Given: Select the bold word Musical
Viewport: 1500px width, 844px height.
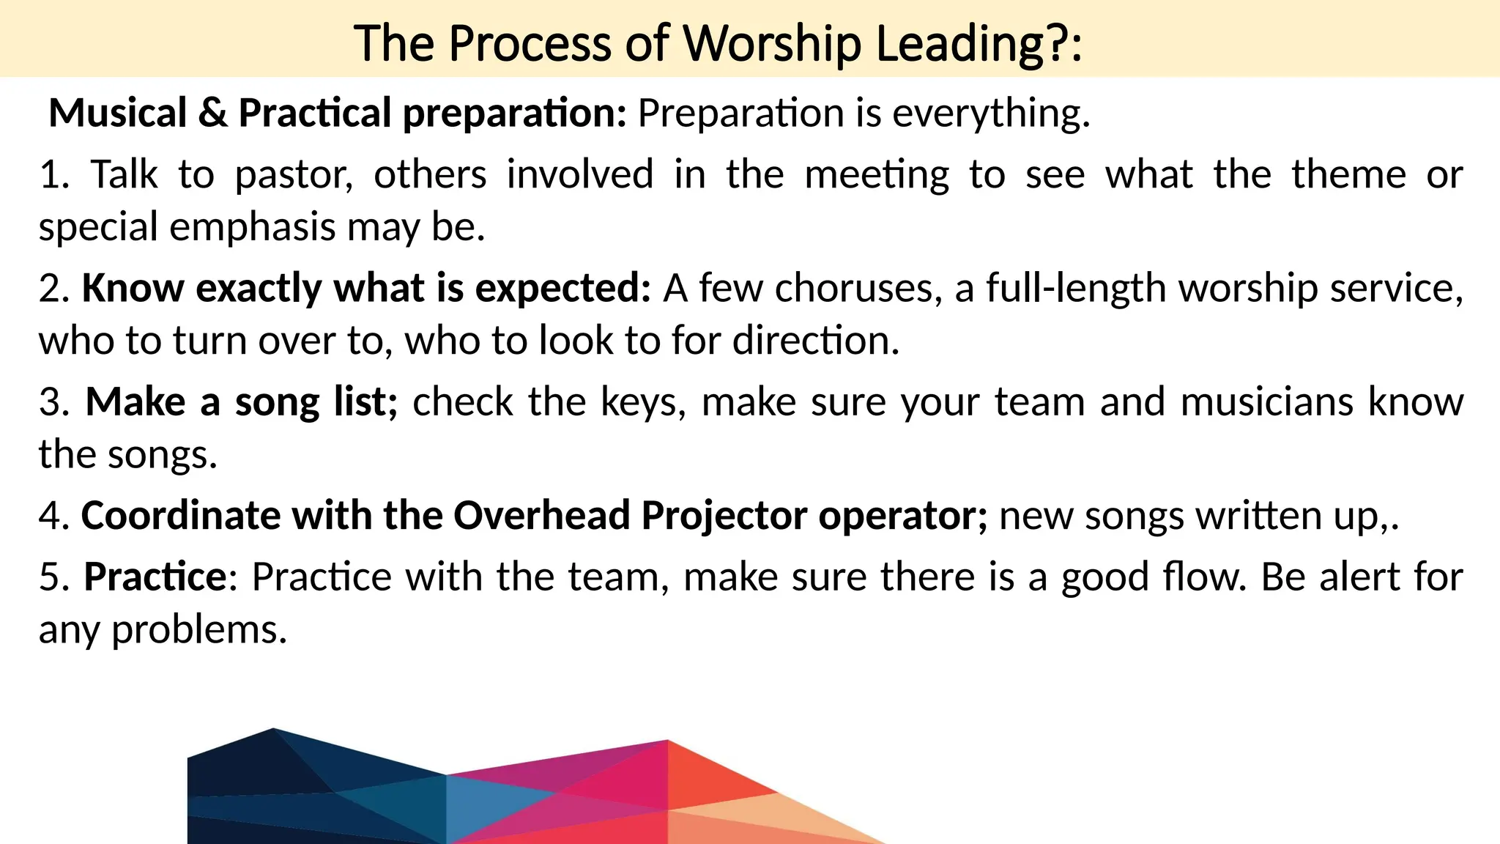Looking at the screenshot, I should [x=118, y=114].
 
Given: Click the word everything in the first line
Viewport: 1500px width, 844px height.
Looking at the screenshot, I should [x=990, y=114].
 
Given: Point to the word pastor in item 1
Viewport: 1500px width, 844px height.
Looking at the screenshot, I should [x=294, y=175].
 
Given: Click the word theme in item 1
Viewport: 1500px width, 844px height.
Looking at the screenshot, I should [x=1348, y=175].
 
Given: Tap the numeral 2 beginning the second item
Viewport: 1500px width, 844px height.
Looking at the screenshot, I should [x=50, y=288].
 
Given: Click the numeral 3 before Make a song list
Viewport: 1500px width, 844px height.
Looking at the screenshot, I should [x=50, y=402].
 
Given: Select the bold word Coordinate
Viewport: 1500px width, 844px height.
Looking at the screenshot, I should [x=180, y=515].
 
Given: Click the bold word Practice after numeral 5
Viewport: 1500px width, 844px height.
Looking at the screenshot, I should [x=156, y=577].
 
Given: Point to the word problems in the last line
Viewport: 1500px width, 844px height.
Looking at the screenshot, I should [x=198, y=629].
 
